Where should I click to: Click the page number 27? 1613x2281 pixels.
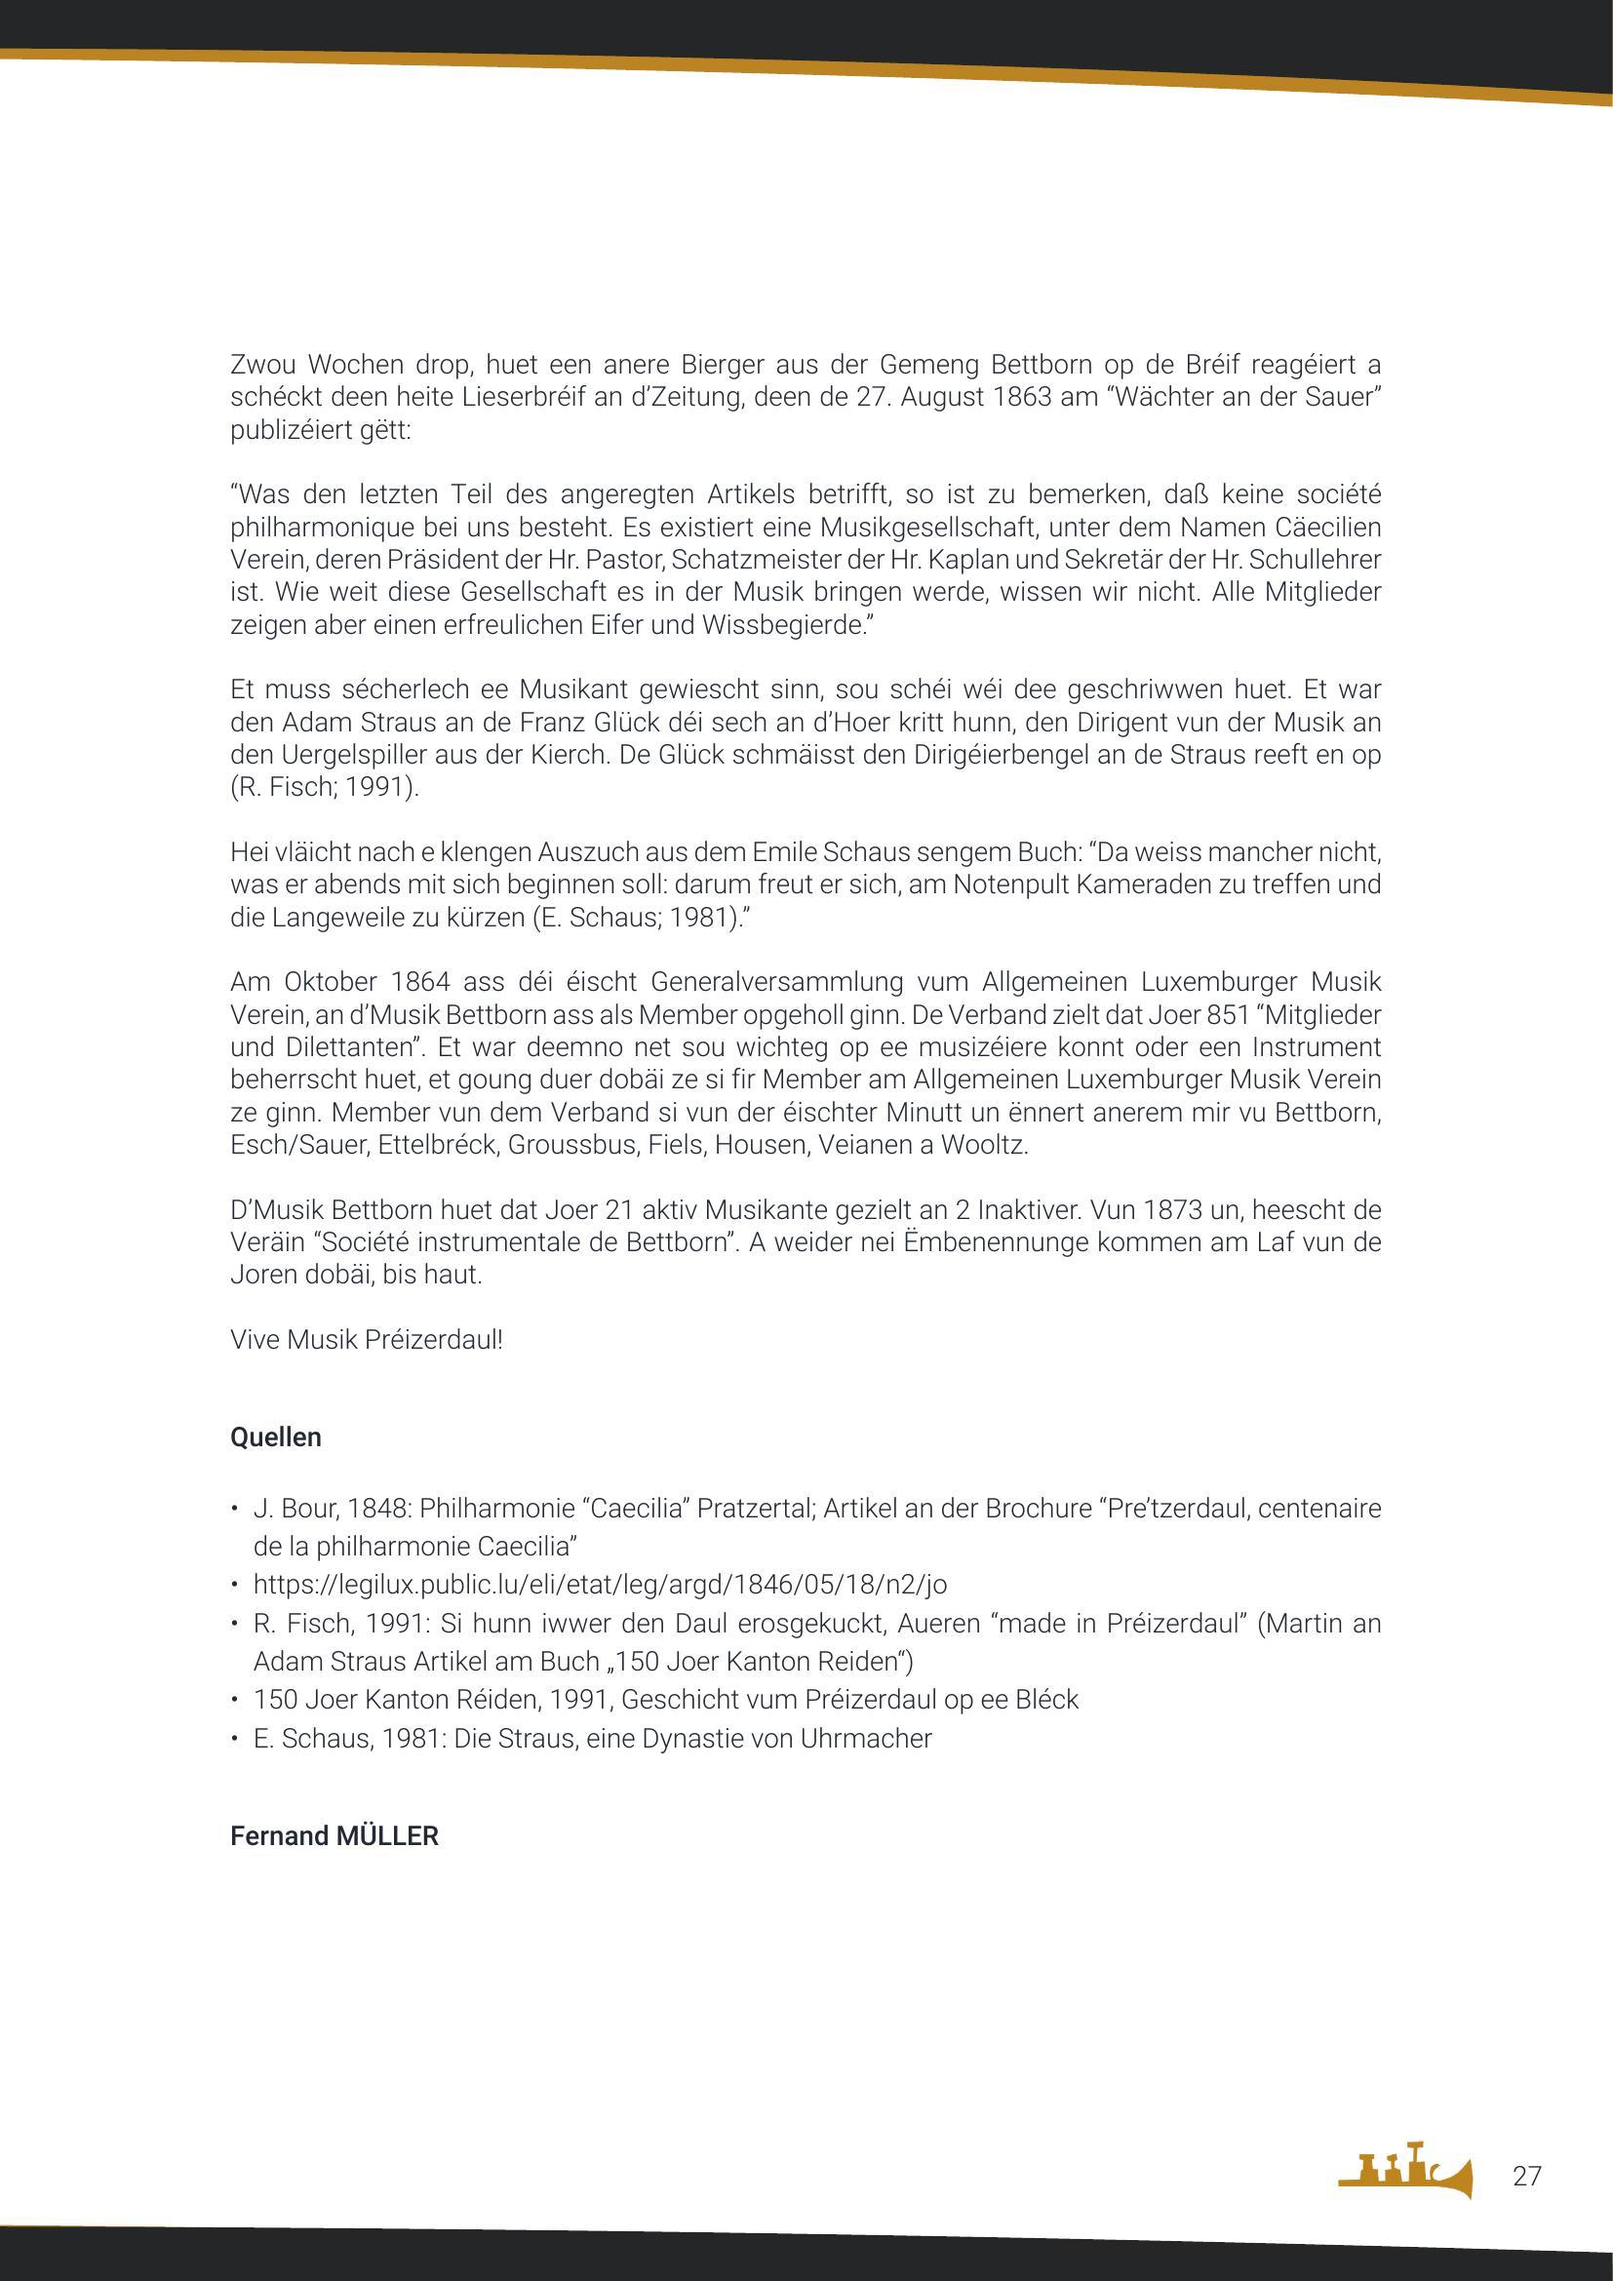[1526, 2177]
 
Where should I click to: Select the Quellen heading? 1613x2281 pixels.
[275, 1437]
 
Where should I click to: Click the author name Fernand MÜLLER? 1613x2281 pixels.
[334, 1836]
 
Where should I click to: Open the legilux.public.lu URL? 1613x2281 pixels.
[600, 1585]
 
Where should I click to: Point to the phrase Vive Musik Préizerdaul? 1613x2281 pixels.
[367, 1339]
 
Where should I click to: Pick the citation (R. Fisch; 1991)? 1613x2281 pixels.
[325, 787]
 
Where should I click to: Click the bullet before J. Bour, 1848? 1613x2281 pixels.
[234, 1509]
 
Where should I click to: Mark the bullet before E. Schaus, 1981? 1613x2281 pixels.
[234, 1739]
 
